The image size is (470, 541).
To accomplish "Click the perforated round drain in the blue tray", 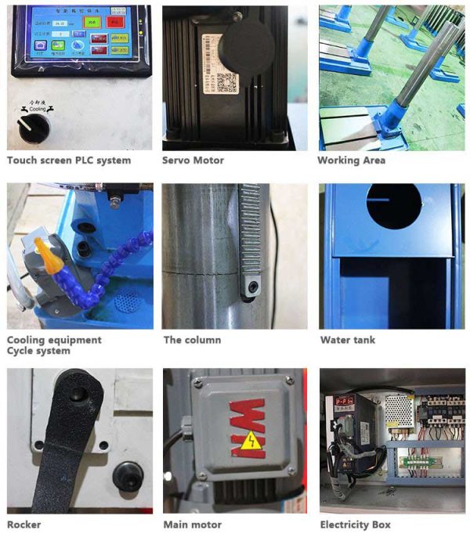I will (125, 302).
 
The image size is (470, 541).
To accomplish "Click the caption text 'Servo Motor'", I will (193, 160).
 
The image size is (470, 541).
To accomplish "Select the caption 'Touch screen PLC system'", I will (69, 160).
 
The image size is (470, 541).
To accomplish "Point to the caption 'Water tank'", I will (347, 341).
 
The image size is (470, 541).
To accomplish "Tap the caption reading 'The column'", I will (192, 341).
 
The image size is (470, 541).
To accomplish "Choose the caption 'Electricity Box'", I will (355, 525).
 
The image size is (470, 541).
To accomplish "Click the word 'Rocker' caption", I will (24, 525).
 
